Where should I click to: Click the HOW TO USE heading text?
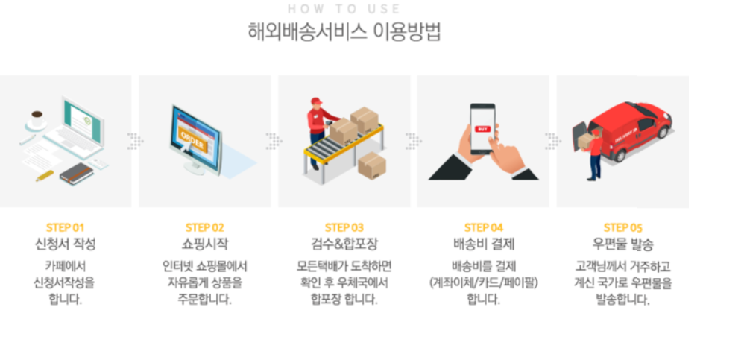(x=344, y=9)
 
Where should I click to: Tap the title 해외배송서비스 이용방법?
(x=344, y=32)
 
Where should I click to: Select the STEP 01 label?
(x=66, y=227)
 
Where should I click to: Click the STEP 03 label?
(x=344, y=227)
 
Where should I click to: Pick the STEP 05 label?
(x=623, y=227)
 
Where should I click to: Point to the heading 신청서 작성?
(x=66, y=244)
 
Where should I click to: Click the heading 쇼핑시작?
(x=205, y=244)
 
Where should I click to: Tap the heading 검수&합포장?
(x=344, y=244)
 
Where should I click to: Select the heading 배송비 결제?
(x=484, y=244)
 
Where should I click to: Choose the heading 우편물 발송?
(x=623, y=244)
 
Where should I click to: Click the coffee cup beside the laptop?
(x=37, y=119)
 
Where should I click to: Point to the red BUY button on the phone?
(x=482, y=128)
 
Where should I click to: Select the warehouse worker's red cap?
(x=316, y=101)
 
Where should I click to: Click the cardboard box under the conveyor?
(x=371, y=165)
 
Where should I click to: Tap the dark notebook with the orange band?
(x=77, y=174)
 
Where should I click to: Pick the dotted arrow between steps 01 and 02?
(x=135, y=141)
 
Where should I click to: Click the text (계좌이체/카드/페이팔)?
(x=484, y=283)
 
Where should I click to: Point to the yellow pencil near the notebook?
(x=45, y=175)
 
